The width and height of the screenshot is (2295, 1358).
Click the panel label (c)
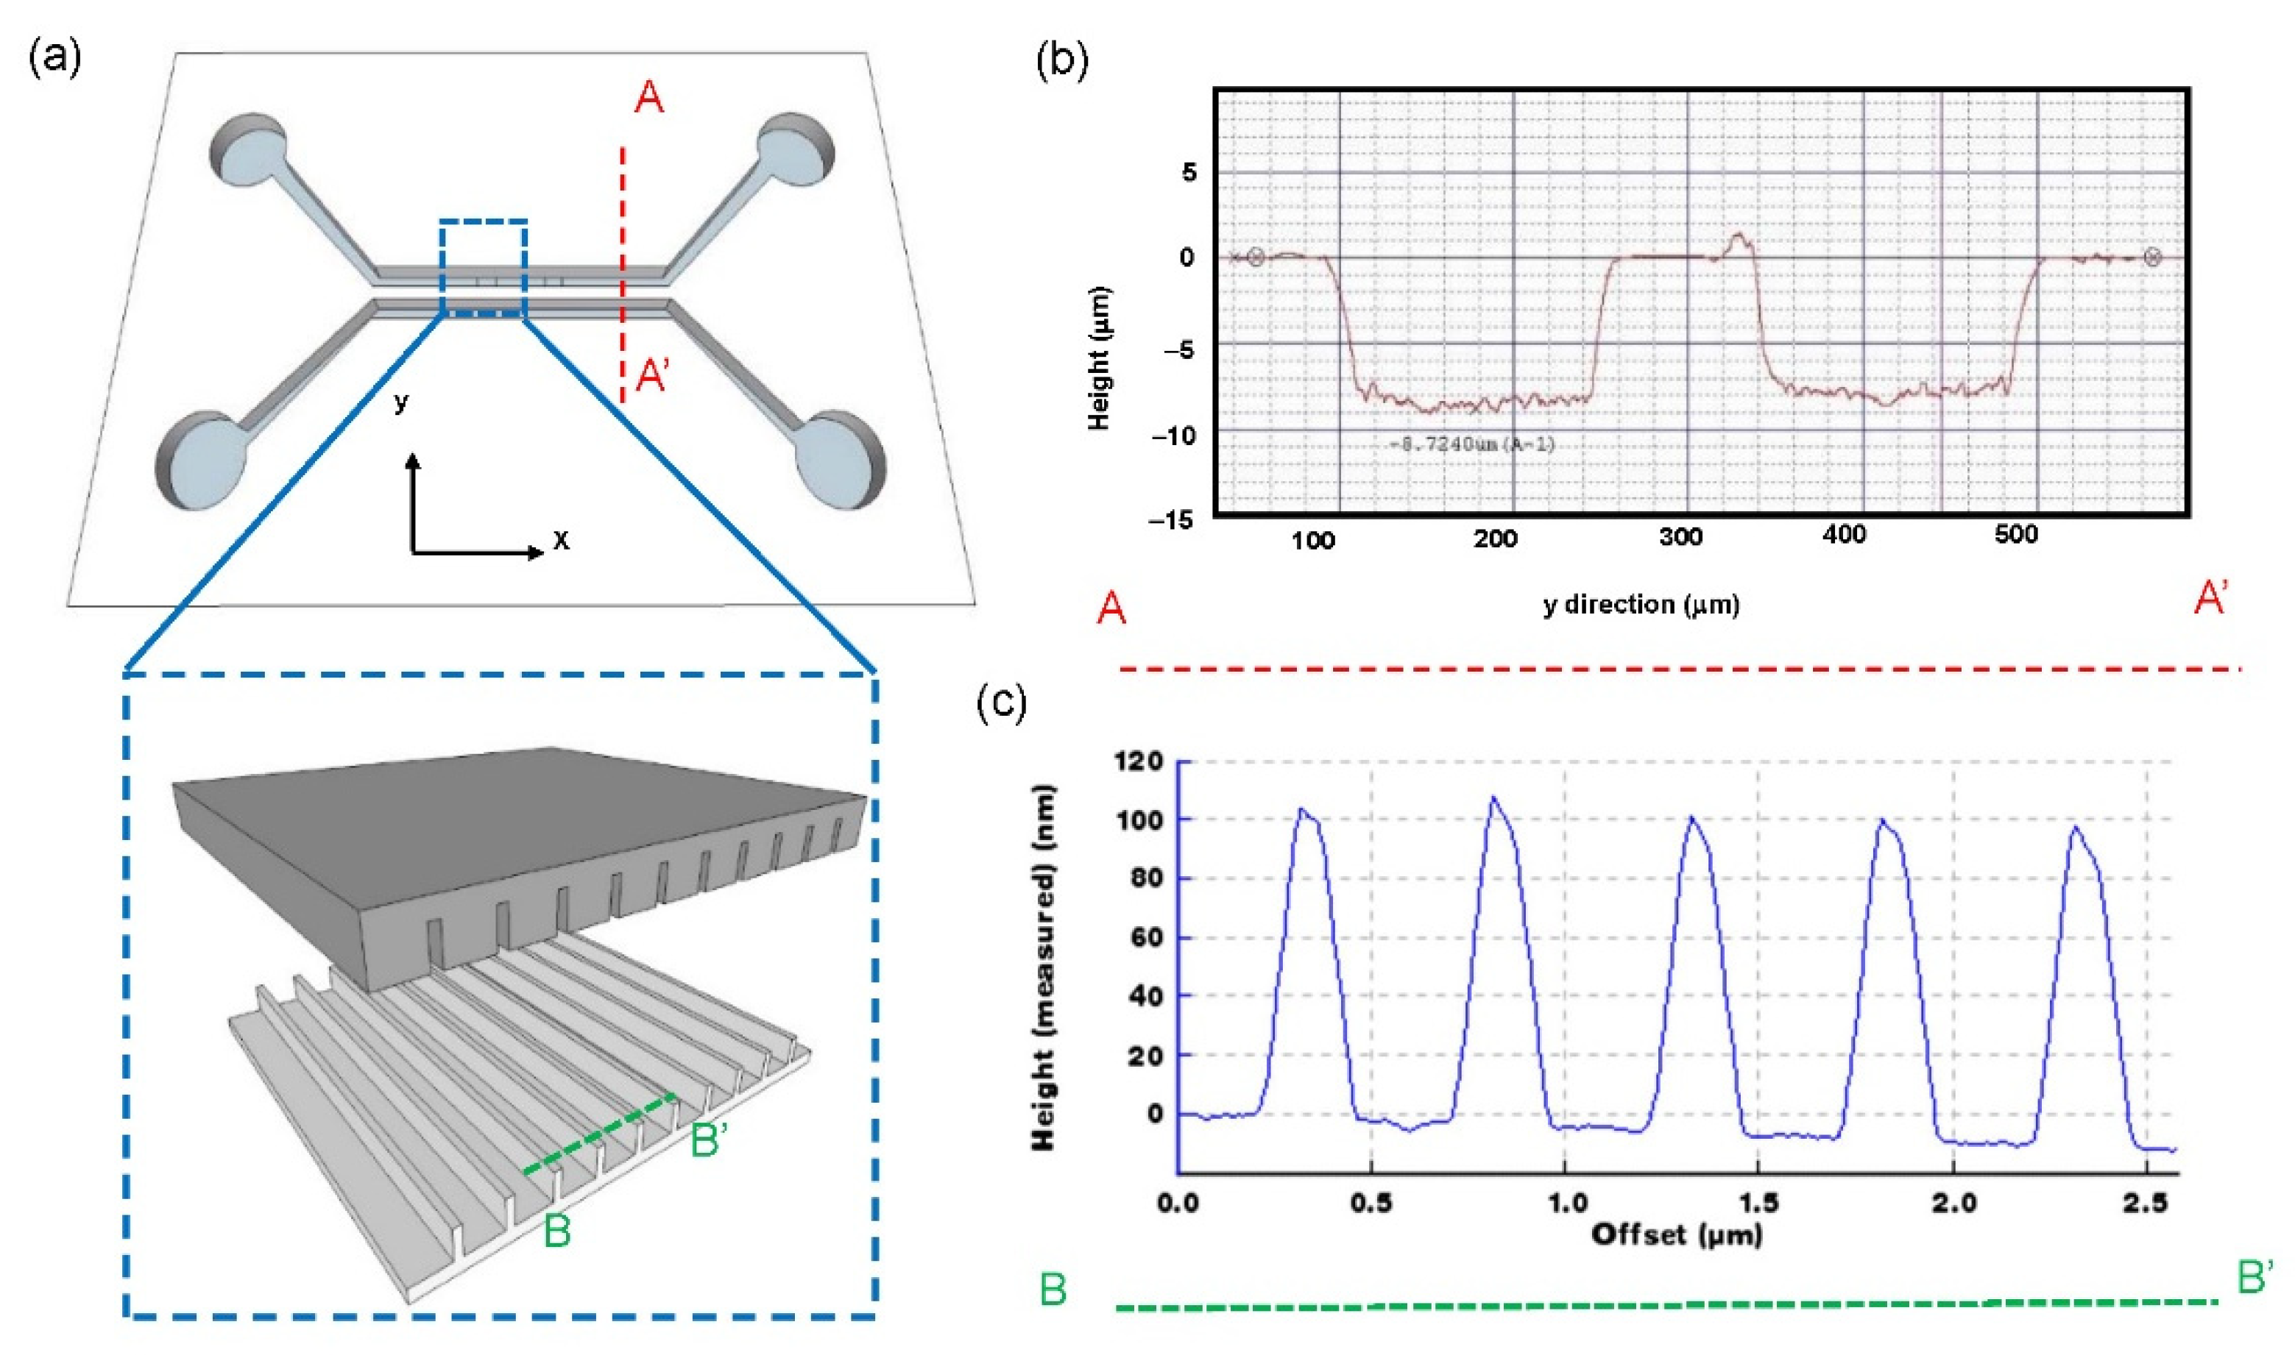click(x=1002, y=703)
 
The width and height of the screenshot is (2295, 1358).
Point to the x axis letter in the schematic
click(x=561, y=541)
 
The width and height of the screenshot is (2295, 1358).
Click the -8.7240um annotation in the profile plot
click(x=1471, y=446)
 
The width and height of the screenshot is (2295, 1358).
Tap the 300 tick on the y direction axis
click(x=1680, y=538)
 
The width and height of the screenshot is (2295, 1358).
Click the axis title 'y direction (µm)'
click(x=1641, y=605)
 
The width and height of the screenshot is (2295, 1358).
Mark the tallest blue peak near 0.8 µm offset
click(x=1494, y=800)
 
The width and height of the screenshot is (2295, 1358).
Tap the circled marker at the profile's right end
click(x=2153, y=258)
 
